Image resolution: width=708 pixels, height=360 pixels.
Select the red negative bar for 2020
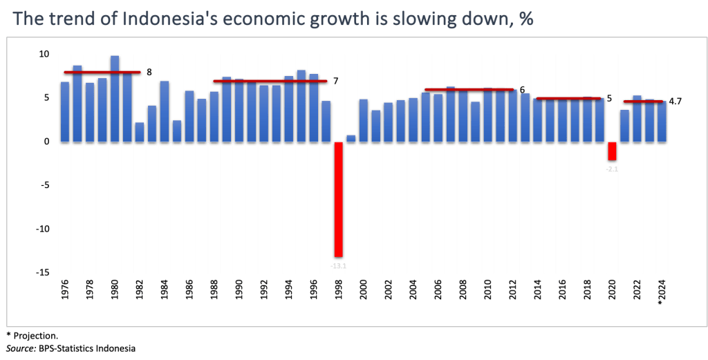click(613, 152)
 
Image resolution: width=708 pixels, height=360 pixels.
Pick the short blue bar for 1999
click(351, 138)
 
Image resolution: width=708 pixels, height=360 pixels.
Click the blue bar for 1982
click(140, 131)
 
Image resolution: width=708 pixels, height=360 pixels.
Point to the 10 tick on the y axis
click(44, 54)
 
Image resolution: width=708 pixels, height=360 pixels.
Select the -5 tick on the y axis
click(44, 185)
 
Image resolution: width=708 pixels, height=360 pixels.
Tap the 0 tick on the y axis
click(46, 142)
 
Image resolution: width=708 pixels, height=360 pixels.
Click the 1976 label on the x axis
click(65, 290)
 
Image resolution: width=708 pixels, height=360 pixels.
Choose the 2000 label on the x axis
click(364, 290)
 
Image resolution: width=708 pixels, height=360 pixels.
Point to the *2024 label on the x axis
click(662, 291)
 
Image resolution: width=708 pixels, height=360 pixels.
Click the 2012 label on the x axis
click(513, 290)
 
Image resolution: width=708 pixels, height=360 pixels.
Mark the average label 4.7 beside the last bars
click(676, 102)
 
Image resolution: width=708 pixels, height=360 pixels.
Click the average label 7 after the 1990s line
click(335, 81)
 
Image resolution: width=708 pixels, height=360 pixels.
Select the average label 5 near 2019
click(608, 98)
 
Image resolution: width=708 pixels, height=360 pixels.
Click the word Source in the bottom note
click(18, 349)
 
